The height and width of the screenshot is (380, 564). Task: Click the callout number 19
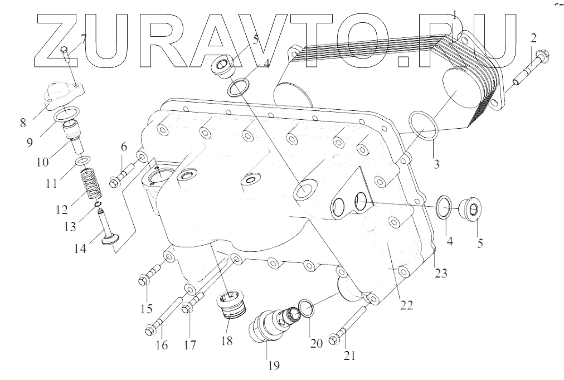tap(274, 366)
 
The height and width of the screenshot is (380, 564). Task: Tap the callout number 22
tap(406, 305)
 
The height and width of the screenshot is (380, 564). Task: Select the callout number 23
tap(441, 272)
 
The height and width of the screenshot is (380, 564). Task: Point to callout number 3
tap(436, 164)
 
